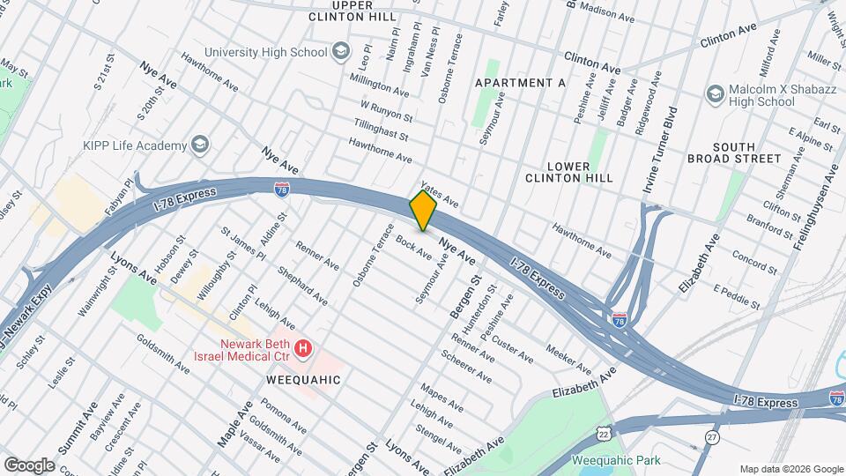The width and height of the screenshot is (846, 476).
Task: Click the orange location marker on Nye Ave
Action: (x=424, y=211)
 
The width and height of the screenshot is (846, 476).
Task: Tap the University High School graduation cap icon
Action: (x=340, y=52)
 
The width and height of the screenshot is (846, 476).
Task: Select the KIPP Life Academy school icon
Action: (x=201, y=145)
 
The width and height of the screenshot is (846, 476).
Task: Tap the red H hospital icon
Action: (x=303, y=350)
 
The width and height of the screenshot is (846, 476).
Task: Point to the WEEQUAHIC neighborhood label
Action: (x=303, y=379)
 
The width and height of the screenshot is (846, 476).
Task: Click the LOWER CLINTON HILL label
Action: (x=580, y=171)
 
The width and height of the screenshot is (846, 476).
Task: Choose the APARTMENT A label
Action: (x=520, y=82)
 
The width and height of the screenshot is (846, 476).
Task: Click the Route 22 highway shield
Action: (x=605, y=432)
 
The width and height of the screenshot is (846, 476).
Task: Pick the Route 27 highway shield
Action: (x=712, y=437)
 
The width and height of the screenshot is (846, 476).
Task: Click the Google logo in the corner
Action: (x=29, y=464)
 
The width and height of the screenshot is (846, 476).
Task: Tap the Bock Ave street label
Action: (x=413, y=248)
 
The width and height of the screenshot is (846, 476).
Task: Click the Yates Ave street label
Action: (x=440, y=193)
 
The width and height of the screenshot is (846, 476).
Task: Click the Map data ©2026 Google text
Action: (x=790, y=469)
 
